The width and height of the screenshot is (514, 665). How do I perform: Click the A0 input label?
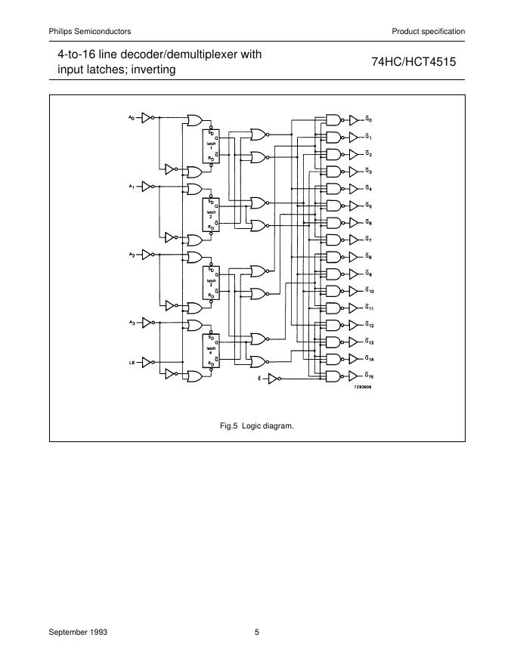tap(132, 117)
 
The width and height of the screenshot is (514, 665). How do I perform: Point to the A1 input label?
tap(132, 186)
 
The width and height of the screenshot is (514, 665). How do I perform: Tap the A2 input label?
tap(132, 255)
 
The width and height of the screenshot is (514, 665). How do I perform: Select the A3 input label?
tap(132, 323)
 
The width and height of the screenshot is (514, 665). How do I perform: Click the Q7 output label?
tap(369, 240)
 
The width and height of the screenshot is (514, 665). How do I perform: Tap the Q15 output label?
tap(370, 376)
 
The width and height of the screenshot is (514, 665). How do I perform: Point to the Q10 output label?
tap(370, 291)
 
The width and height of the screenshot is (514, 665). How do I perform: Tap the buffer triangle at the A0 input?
tap(147, 117)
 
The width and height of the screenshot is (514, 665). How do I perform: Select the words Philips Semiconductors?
tap(90, 31)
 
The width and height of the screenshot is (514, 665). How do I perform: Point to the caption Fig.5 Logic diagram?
tap(256, 426)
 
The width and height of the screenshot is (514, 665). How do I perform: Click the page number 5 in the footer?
tap(257, 633)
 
